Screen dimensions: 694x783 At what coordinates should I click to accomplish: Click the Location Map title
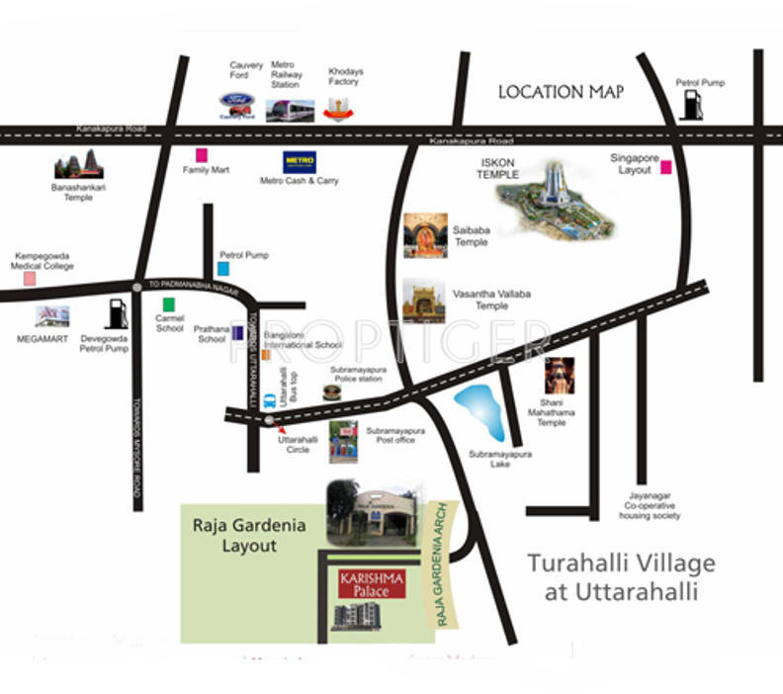561,92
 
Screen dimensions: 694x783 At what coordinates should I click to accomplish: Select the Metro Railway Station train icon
290,110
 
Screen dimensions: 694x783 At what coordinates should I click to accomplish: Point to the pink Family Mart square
202,155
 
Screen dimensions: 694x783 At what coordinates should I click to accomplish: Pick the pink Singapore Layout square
666,167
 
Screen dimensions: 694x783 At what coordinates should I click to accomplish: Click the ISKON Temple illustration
554,200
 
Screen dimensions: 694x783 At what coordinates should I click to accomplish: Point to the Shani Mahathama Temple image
559,379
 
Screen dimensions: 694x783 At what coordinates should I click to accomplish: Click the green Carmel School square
170,304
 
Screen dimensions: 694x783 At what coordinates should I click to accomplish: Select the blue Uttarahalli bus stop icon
269,402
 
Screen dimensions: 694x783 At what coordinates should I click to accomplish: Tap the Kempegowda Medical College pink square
30,279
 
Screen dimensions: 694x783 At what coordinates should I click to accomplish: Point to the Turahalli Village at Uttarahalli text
620,577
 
